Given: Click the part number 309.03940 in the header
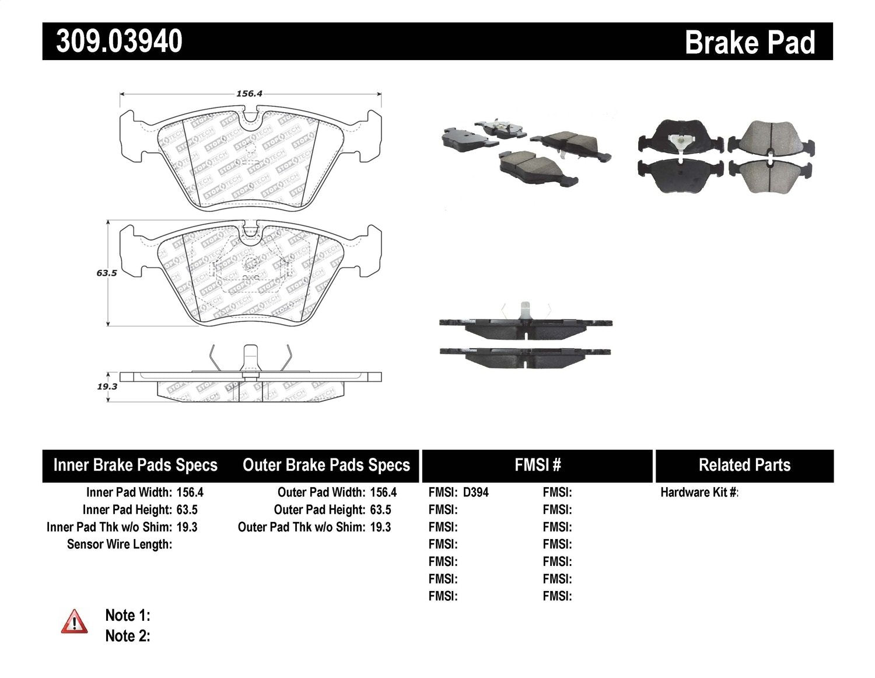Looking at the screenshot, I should (119, 41).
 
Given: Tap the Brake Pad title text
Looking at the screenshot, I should (750, 43).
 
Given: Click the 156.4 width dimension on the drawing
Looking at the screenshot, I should (250, 93).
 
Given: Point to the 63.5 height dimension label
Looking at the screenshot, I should (107, 273).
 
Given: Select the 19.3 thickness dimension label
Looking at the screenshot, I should (107, 386).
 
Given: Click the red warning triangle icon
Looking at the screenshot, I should (75, 622).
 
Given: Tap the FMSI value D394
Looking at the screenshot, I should (475, 492).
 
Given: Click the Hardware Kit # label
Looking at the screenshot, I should (699, 492).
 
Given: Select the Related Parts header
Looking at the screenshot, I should (744, 465).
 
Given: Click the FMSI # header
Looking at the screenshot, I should (537, 465).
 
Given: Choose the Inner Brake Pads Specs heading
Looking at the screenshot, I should (135, 465).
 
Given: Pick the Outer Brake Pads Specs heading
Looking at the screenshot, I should (326, 465).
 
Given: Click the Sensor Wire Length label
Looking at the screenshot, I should (120, 544).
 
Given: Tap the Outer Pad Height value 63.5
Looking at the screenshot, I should (380, 510).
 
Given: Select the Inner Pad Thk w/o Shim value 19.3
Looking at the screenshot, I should (187, 527).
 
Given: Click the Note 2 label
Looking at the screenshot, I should (127, 636).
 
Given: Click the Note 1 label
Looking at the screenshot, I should (127, 616).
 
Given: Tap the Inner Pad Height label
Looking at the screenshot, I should (127, 510).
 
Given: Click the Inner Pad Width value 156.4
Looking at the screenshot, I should (190, 492).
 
